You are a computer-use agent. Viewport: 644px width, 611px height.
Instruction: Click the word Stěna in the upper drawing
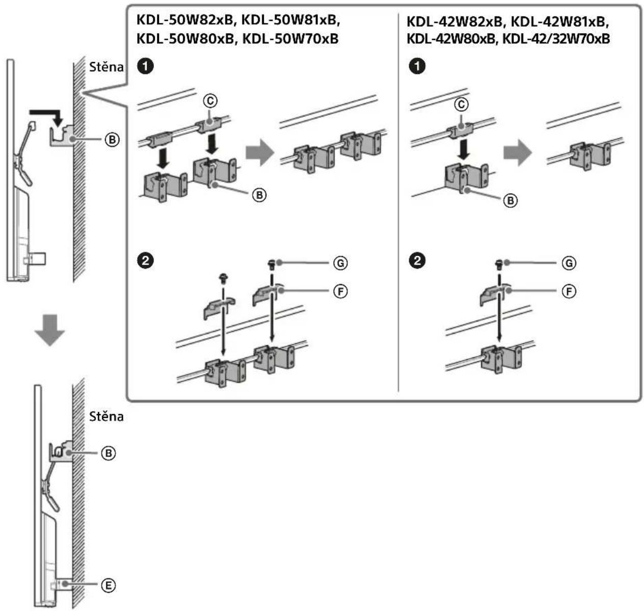pyautogui.click(x=106, y=67)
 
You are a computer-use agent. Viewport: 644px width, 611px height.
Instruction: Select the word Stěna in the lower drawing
pyautogui.click(x=106, y=416)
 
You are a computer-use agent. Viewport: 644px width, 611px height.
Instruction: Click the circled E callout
pyautogui.click(x=108, y=585)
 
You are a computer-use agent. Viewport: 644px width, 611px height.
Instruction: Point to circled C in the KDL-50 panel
pyautogui.click(x=210, y=101)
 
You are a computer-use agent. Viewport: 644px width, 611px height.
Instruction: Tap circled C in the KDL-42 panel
pyautogui.click(x=461, y=104)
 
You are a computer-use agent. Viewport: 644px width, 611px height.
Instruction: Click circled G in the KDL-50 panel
pyautogui.click(x=340, y=263)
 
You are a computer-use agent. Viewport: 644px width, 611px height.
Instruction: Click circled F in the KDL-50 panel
pyautogui.click(x=340, y=291)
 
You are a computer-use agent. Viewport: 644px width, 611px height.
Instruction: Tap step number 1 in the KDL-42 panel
pyautogui.click(x=418, y=66)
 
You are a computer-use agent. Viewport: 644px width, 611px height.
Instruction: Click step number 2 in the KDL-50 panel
pyautogui.click(x=146, y=261)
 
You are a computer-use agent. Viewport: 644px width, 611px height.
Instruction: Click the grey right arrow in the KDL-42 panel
pyautogui.click(x=517, y=153)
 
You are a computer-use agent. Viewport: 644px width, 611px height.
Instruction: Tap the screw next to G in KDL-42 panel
pyautogui.click(x=499, y=264)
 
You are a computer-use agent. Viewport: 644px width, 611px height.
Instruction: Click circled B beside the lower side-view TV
pyautogui.click(x=108, y=452)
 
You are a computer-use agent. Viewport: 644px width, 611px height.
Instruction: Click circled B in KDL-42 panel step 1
pyautogui.click(x=510, y=200)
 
